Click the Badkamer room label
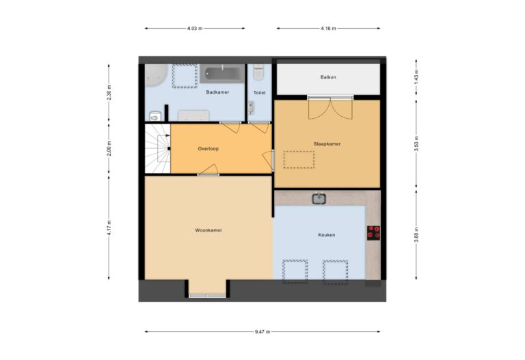(x=217, y=92)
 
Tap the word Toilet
(x=259, y=92)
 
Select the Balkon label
(x=328, y=77)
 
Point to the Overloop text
(x=208, y=148)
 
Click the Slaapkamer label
(x=327, y=144)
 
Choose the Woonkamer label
(x=208, y=230)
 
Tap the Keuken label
(x=326, y=235)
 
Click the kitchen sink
(x=319, y=199)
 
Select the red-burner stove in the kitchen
(x=373, y=233)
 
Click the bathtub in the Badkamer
(x=222, y=73)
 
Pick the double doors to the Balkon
(x=330, y=107)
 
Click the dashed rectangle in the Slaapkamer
(x=299, y=159)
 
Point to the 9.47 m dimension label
(x=262, y=332)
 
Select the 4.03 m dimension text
(x=194, y=28)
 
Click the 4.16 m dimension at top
(x=327, y=28)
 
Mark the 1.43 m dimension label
(x=416, y=77)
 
